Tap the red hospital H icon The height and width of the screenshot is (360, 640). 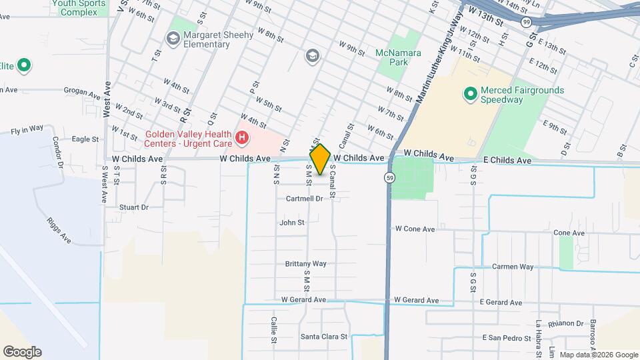[x=241, y=139]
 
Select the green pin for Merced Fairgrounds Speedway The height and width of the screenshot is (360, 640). [x=470, y=95]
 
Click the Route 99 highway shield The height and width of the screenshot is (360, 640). [x=527, y=22]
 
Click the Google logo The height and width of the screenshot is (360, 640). [x=21, y=352]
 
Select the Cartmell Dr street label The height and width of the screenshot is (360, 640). [x=304, y=199]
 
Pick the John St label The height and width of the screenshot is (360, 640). [x=292, y=223]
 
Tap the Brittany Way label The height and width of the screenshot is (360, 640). [x=305, y=264]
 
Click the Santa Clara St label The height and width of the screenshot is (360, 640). [x=325, y=337]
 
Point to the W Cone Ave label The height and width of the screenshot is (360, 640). [x=415, y=229]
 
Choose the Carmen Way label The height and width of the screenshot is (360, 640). [x=512, y=267]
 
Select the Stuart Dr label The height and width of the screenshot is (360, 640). [x=133, y=207]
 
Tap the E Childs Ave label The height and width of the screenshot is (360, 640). [x=506, y=161]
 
